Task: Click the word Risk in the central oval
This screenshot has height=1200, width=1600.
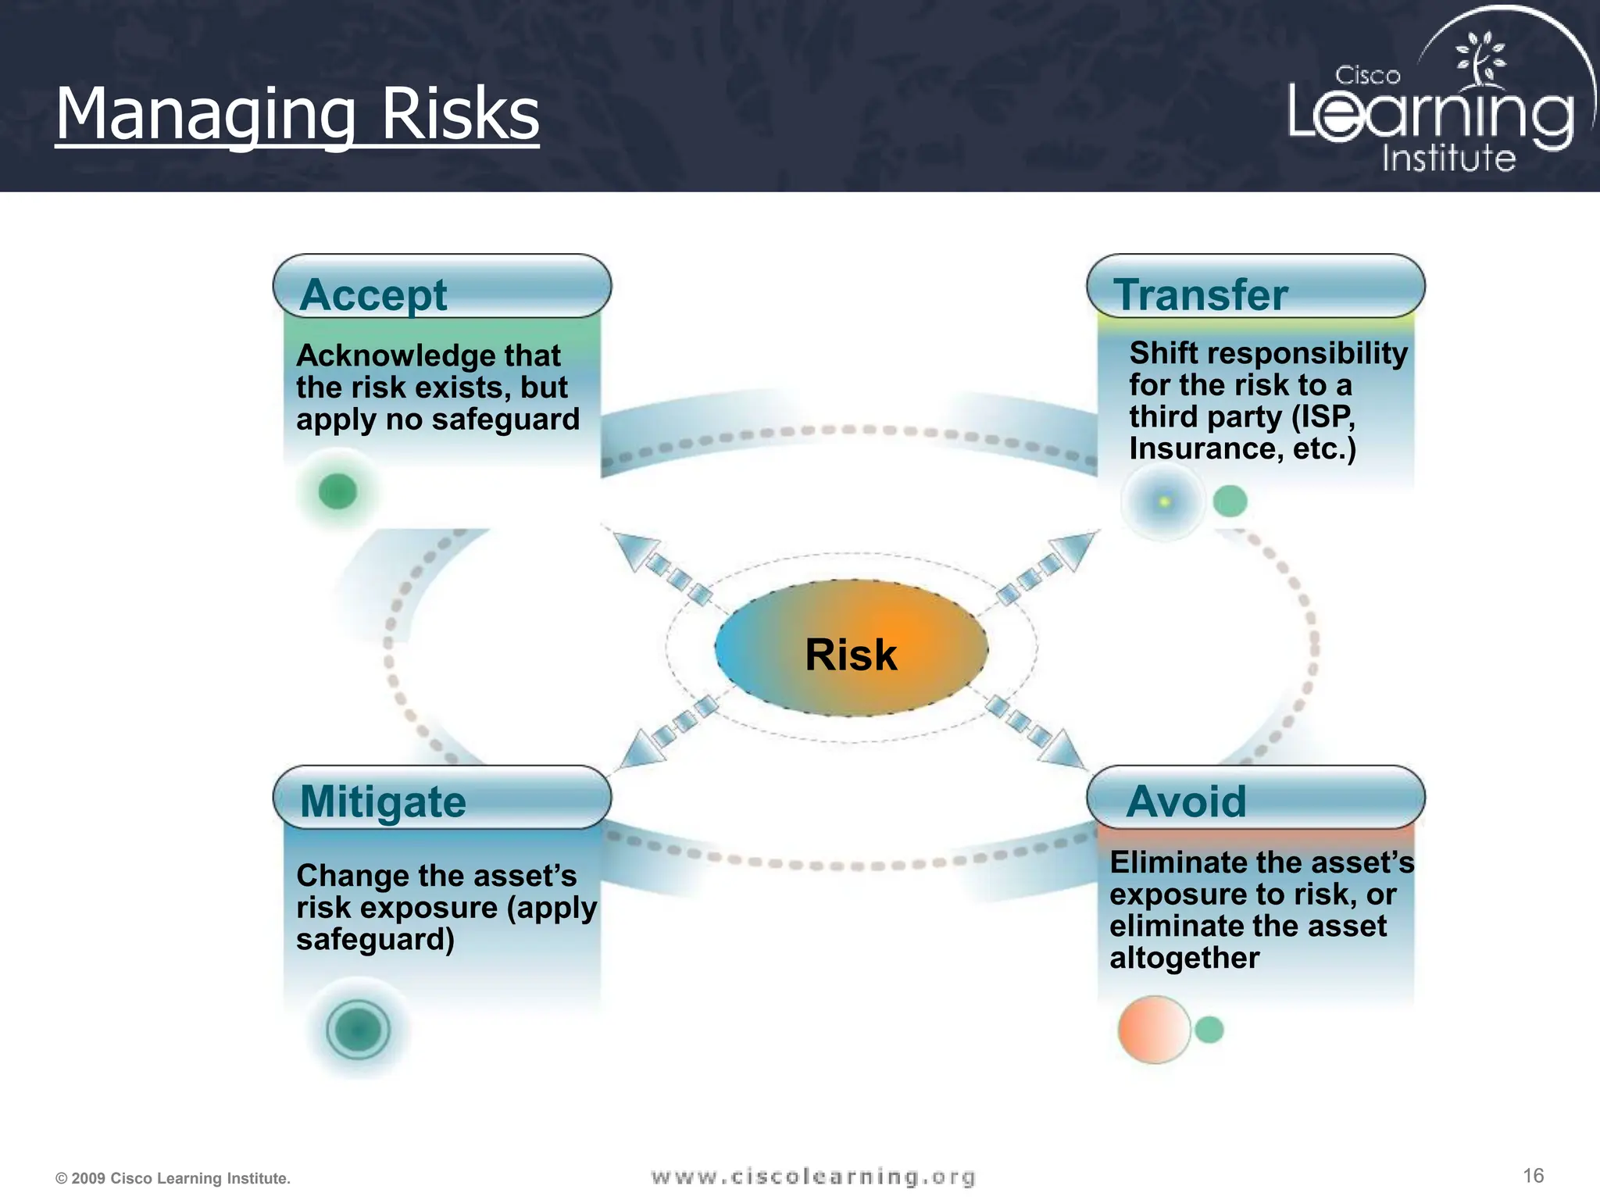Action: coord(851,655)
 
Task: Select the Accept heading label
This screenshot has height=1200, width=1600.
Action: coord(373,295)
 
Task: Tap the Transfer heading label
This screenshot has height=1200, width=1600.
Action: coord(1200,295)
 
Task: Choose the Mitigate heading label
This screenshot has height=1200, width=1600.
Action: coord(383,802)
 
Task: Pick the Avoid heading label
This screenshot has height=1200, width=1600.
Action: coord(1186,802)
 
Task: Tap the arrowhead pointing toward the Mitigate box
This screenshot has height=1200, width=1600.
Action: coord(641,748)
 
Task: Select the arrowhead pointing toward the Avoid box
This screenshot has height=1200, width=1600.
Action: coord(1064,750)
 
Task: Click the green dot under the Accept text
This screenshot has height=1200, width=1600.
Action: coord(337,491)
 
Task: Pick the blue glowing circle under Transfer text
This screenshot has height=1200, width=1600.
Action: coord(1163,501)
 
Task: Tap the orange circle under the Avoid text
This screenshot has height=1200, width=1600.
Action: coord(1153,1029)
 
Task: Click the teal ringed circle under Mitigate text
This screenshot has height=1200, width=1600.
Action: coord(358,1029)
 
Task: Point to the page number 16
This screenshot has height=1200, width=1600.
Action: coord(1533,1176)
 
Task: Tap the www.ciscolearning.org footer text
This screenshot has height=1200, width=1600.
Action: coord(813,1177)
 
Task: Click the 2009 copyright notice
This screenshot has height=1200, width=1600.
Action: coord(173,1178)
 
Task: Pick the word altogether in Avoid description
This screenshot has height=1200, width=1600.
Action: coord(1184,958)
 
